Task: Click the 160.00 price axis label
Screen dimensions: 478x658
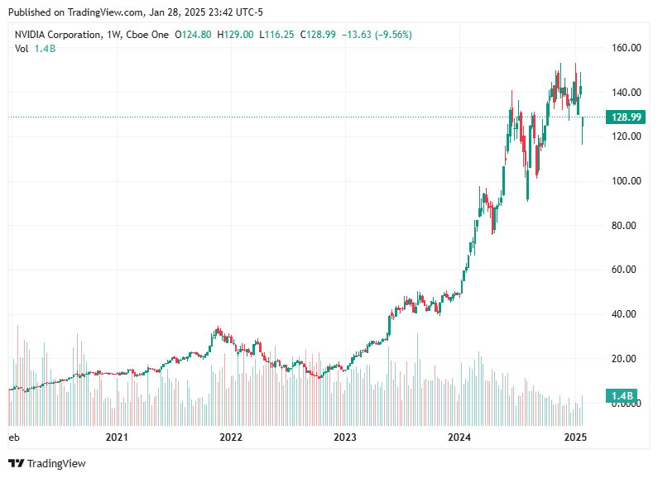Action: point(626,48)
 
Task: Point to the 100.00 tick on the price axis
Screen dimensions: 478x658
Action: point(626,181)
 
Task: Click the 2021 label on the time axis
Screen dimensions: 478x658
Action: point(117,437)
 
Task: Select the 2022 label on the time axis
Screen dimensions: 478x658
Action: point(231,437)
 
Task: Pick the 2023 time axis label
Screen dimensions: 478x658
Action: point(345,437)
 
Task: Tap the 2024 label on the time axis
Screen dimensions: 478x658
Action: point(459,437)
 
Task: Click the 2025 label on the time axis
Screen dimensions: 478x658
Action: point(574,437)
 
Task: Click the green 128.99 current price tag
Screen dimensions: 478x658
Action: point(627,117)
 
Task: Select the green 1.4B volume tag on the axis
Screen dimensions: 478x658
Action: point(622,395)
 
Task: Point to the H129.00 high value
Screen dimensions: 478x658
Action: point(230,35)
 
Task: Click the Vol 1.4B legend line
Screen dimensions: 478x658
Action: point(35,49)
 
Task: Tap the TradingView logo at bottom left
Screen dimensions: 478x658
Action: point(47,463)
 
